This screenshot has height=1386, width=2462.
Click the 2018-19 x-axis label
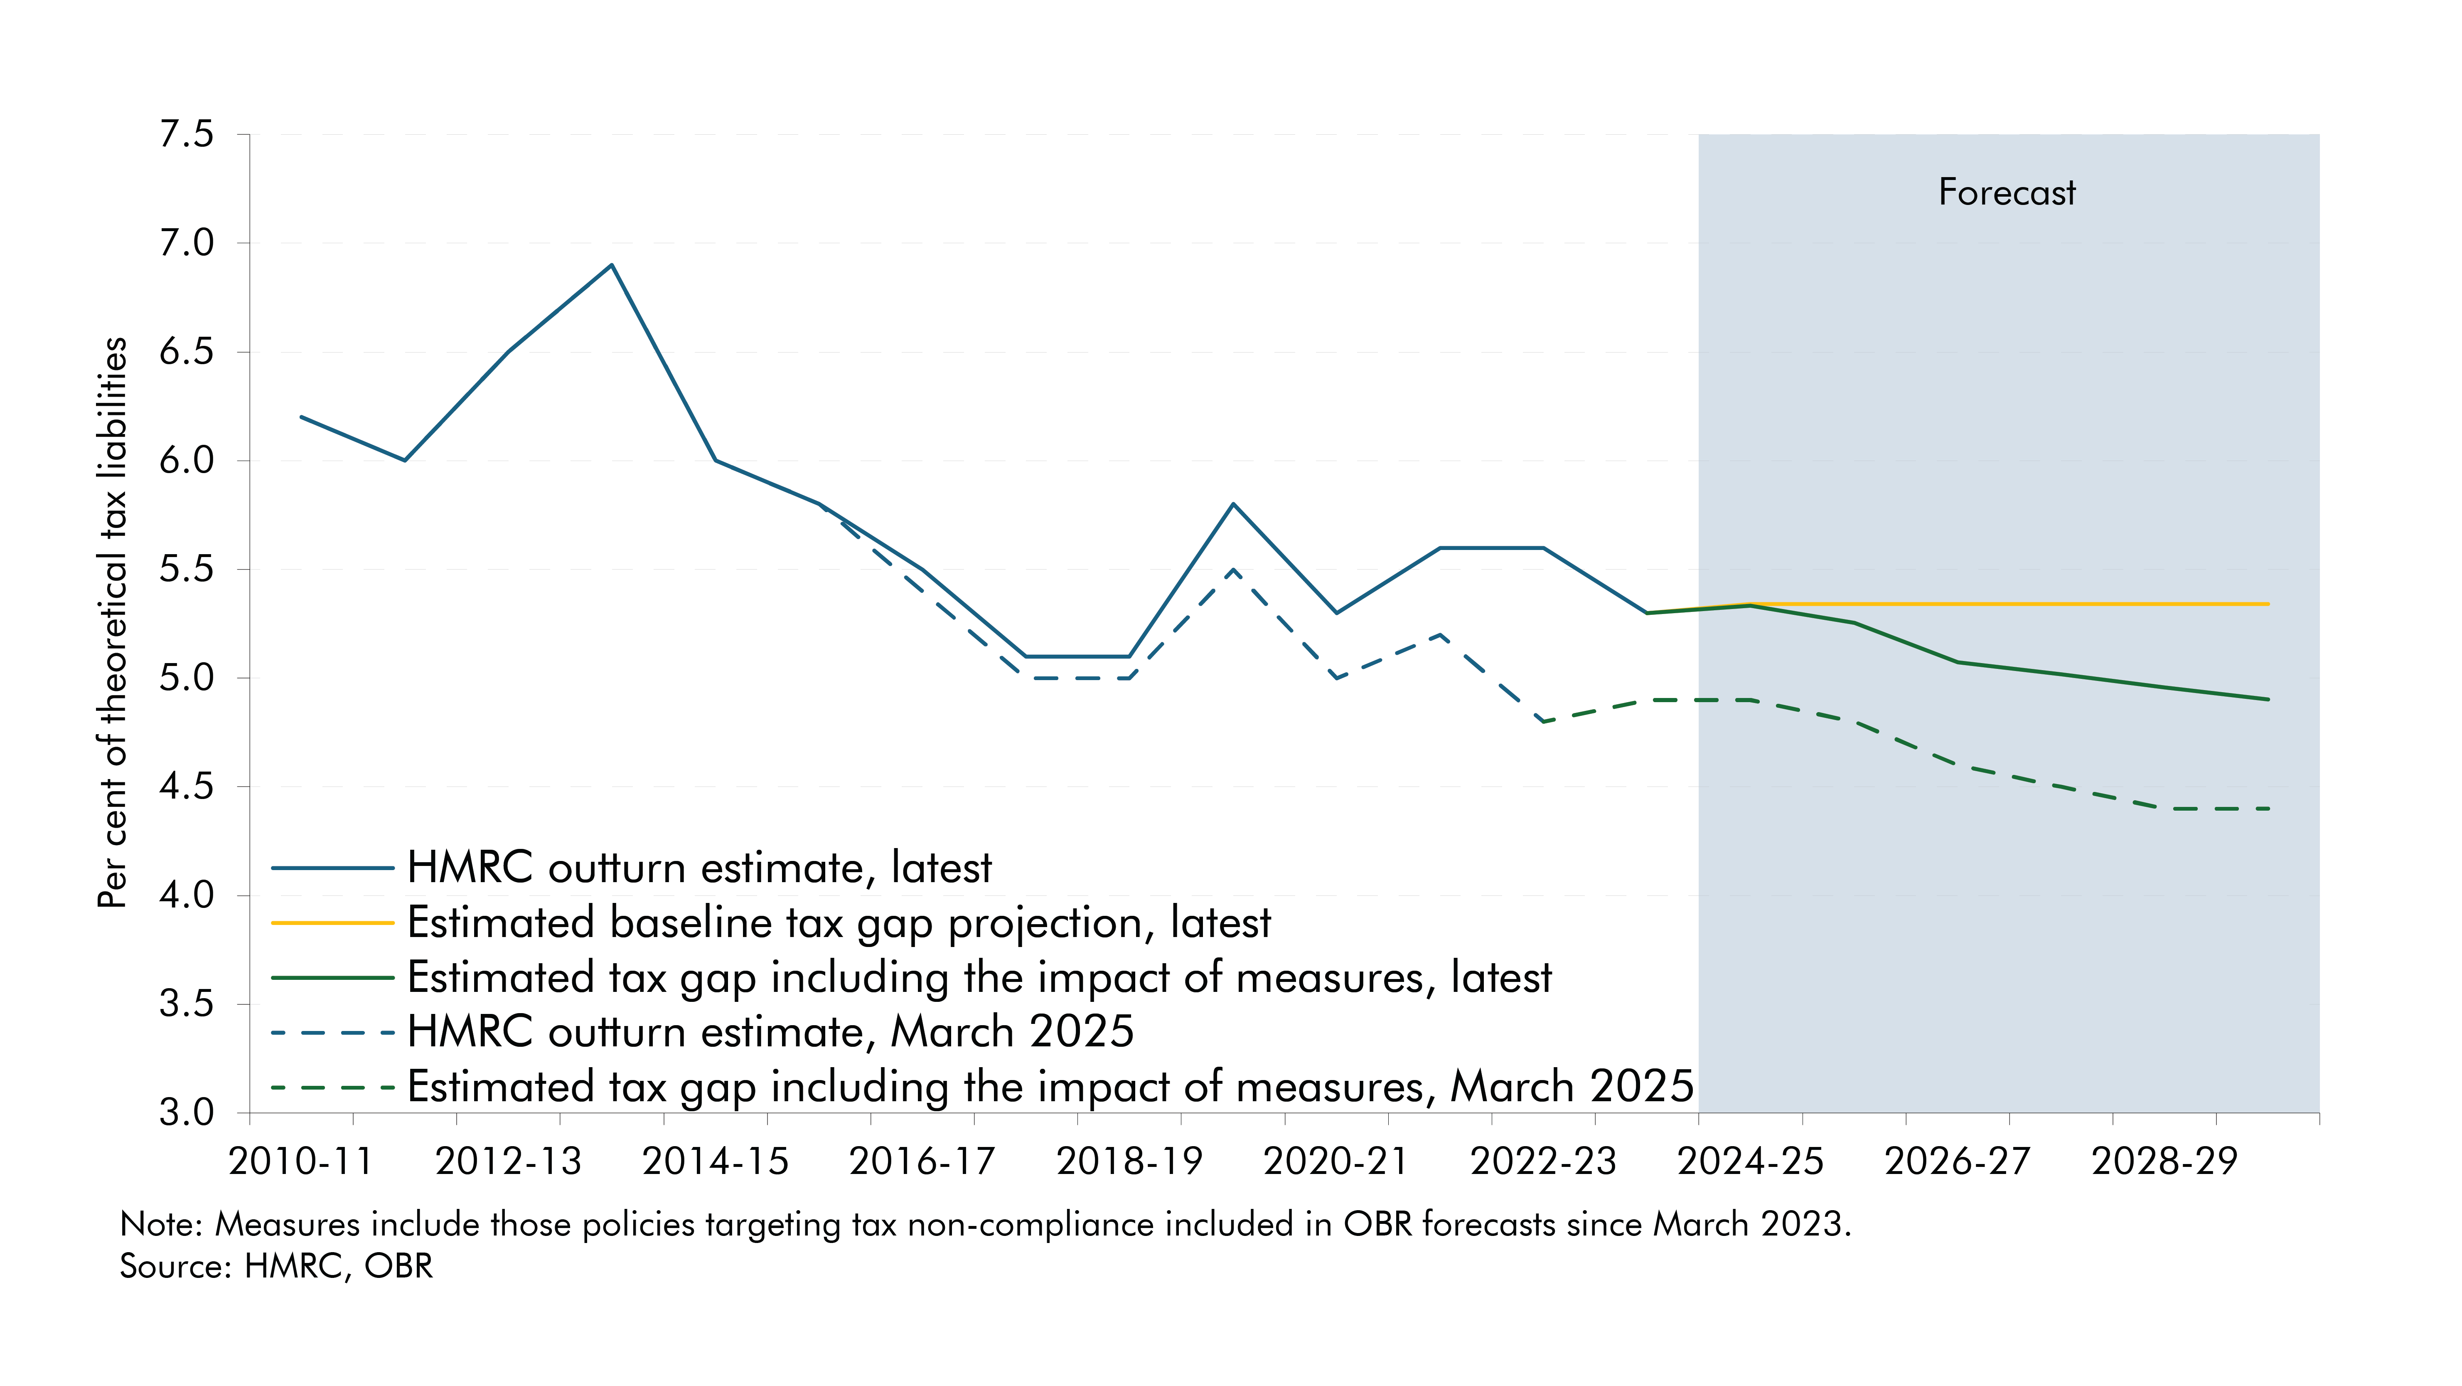coord(1129,1162)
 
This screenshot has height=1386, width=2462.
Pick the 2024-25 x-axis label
coord(1750,1162)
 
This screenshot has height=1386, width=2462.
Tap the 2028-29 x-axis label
coord(2164,1162)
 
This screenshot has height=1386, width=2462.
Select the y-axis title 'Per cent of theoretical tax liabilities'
coord(113,621)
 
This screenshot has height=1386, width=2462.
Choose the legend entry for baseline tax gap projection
coord(838,922)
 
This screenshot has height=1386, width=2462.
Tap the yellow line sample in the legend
coord(332,922)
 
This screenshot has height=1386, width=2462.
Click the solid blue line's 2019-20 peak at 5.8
coord(1233,504)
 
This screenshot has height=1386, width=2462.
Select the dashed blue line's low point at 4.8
coord(1542,722)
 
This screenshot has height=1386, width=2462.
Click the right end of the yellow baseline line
coord(2267,604)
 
